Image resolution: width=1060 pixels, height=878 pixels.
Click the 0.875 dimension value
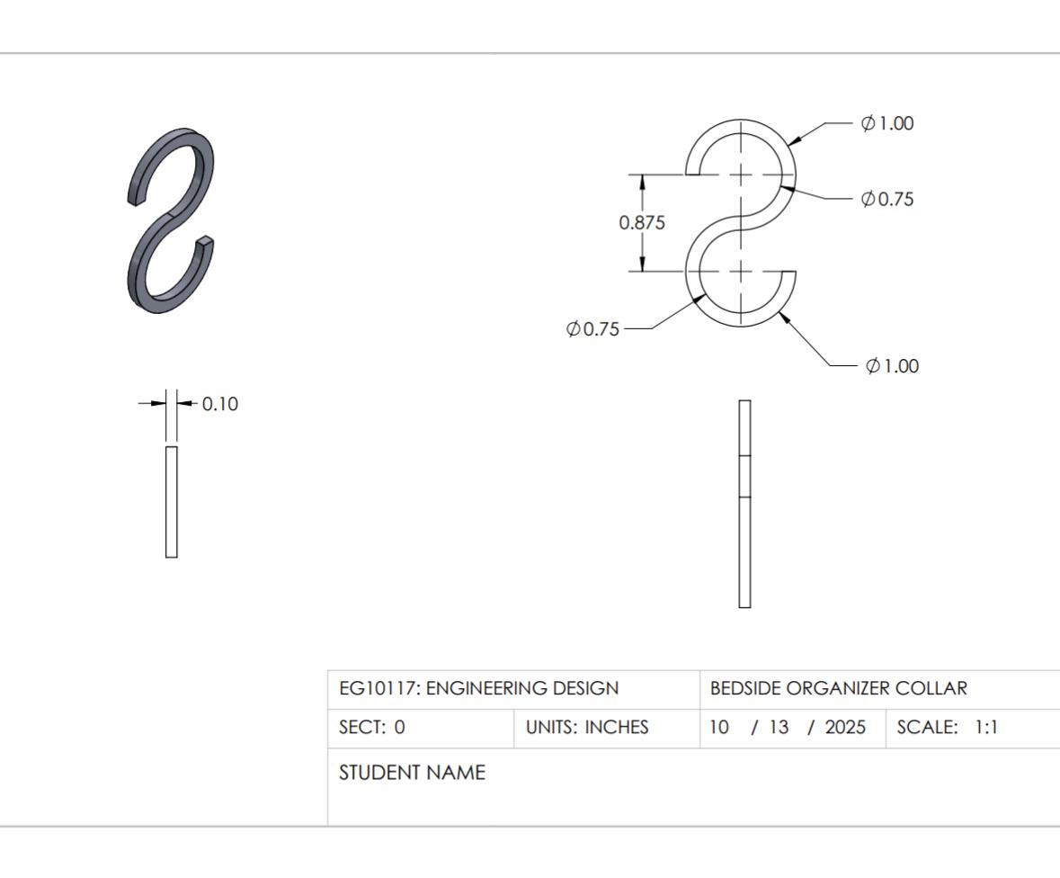click(642, 222)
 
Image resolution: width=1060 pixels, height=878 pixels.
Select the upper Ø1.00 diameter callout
click(887, 123)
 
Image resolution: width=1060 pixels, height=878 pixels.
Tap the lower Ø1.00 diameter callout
click(892, 366)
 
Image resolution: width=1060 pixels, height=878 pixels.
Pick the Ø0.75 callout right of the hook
click(887, 199)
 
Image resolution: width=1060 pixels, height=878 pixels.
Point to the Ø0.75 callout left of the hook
click(592, 328)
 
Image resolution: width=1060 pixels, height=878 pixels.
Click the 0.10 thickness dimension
click(219, 404)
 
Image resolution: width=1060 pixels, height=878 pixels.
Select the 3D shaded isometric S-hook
click(171, 219)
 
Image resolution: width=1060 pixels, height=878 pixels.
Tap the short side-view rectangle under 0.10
click(172, 502)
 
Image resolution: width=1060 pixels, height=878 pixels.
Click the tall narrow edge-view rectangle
click(744, 504)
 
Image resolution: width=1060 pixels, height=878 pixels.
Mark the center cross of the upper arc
click(741, 175)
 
